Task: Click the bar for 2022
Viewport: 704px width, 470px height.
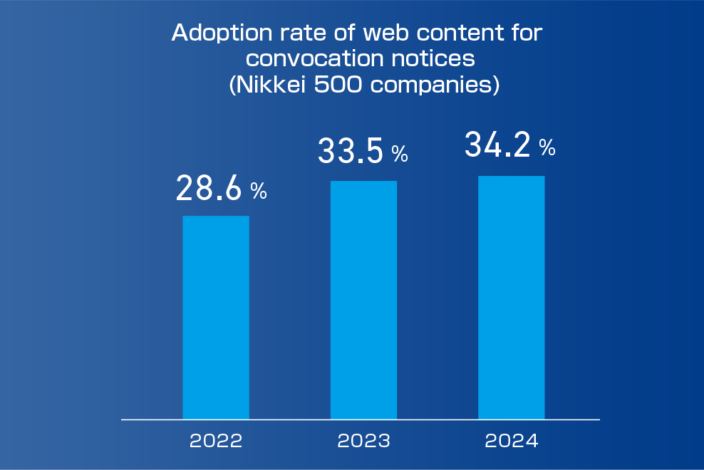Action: coord(216,318)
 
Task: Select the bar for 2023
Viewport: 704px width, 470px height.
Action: coord(363,300)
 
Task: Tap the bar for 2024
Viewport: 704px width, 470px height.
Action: coord(512,298)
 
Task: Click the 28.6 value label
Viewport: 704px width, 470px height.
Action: coord(209,188)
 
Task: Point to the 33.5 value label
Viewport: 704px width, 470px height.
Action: coord(351,151)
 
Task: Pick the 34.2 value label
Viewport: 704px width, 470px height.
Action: coord(497,145)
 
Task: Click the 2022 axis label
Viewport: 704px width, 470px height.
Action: coord(216,441)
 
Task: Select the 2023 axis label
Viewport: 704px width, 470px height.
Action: coord(363,441)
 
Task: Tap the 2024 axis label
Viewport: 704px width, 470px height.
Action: coord(512,441)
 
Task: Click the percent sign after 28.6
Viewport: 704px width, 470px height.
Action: coord(259,192)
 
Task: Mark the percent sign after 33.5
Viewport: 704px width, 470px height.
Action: coord(400,154)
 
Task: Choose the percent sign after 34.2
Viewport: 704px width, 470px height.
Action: coord(547,147)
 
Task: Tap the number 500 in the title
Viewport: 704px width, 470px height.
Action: coord(338,85)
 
